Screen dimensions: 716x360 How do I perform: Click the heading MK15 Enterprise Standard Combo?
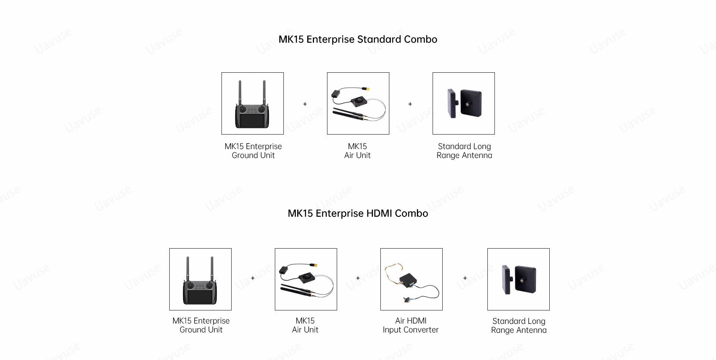tap(358, 40)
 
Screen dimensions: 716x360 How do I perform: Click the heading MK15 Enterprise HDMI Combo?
tap(358, 214)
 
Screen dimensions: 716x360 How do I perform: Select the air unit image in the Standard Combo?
tap(358, 104)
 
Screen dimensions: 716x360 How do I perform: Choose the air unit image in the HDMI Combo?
tap(306, 280)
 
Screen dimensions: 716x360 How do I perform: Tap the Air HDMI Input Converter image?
tap(411, 280)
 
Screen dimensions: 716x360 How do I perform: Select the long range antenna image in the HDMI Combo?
tap(518, 280)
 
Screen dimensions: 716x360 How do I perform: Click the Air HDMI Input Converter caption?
tap(411, 325)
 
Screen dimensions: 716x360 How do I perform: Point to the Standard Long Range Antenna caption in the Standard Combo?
tap(464, 151)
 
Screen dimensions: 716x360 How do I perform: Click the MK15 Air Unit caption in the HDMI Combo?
tap(305, 325)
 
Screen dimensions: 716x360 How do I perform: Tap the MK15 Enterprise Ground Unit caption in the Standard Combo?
tap(253, 151)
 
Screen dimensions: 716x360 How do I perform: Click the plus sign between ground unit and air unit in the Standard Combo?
tap(305, 104)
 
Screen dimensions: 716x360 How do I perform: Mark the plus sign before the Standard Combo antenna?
tap(410, 104)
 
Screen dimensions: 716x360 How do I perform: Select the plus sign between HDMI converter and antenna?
tap(465, 278)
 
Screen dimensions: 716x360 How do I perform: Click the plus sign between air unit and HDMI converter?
tap(358, 278)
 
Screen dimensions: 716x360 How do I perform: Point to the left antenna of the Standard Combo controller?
tap(240, 93)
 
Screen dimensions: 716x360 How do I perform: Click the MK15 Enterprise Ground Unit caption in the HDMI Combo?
tap(201, 325)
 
